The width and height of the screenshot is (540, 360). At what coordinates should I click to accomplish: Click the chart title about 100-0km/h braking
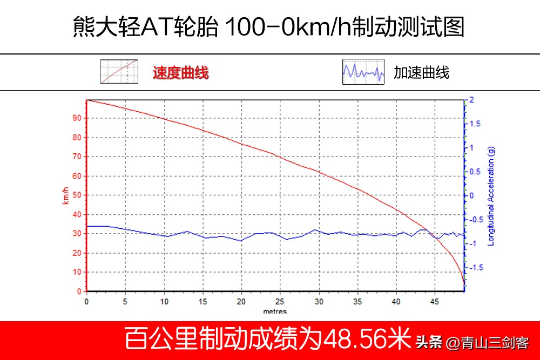[x=269, y=27]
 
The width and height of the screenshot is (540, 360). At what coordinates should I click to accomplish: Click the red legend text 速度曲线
[x=180, y=72]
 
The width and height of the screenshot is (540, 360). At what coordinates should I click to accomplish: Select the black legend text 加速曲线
[x=421, y=72]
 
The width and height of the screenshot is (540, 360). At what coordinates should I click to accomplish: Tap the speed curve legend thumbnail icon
[x=119, y=72]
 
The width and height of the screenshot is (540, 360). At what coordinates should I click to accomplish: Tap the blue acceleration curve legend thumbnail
[x=363, y=72]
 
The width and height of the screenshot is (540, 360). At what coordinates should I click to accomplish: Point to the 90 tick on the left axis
[x=77, y=118]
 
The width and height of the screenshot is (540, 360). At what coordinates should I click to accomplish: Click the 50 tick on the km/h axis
[x=77, y=195]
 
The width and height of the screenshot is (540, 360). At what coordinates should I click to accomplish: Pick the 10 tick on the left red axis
[x=77, y=272]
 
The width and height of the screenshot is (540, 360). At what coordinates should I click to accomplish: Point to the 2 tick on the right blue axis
[x=471, y=100]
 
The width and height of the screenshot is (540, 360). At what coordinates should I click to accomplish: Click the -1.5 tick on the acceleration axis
[x=475, y=268]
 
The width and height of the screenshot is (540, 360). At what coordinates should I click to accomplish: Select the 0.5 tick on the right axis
[x=474, y=172]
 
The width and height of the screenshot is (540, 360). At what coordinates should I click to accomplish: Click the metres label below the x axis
[x=275, y=311]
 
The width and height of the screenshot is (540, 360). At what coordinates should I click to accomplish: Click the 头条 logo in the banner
[x=429, y=342]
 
